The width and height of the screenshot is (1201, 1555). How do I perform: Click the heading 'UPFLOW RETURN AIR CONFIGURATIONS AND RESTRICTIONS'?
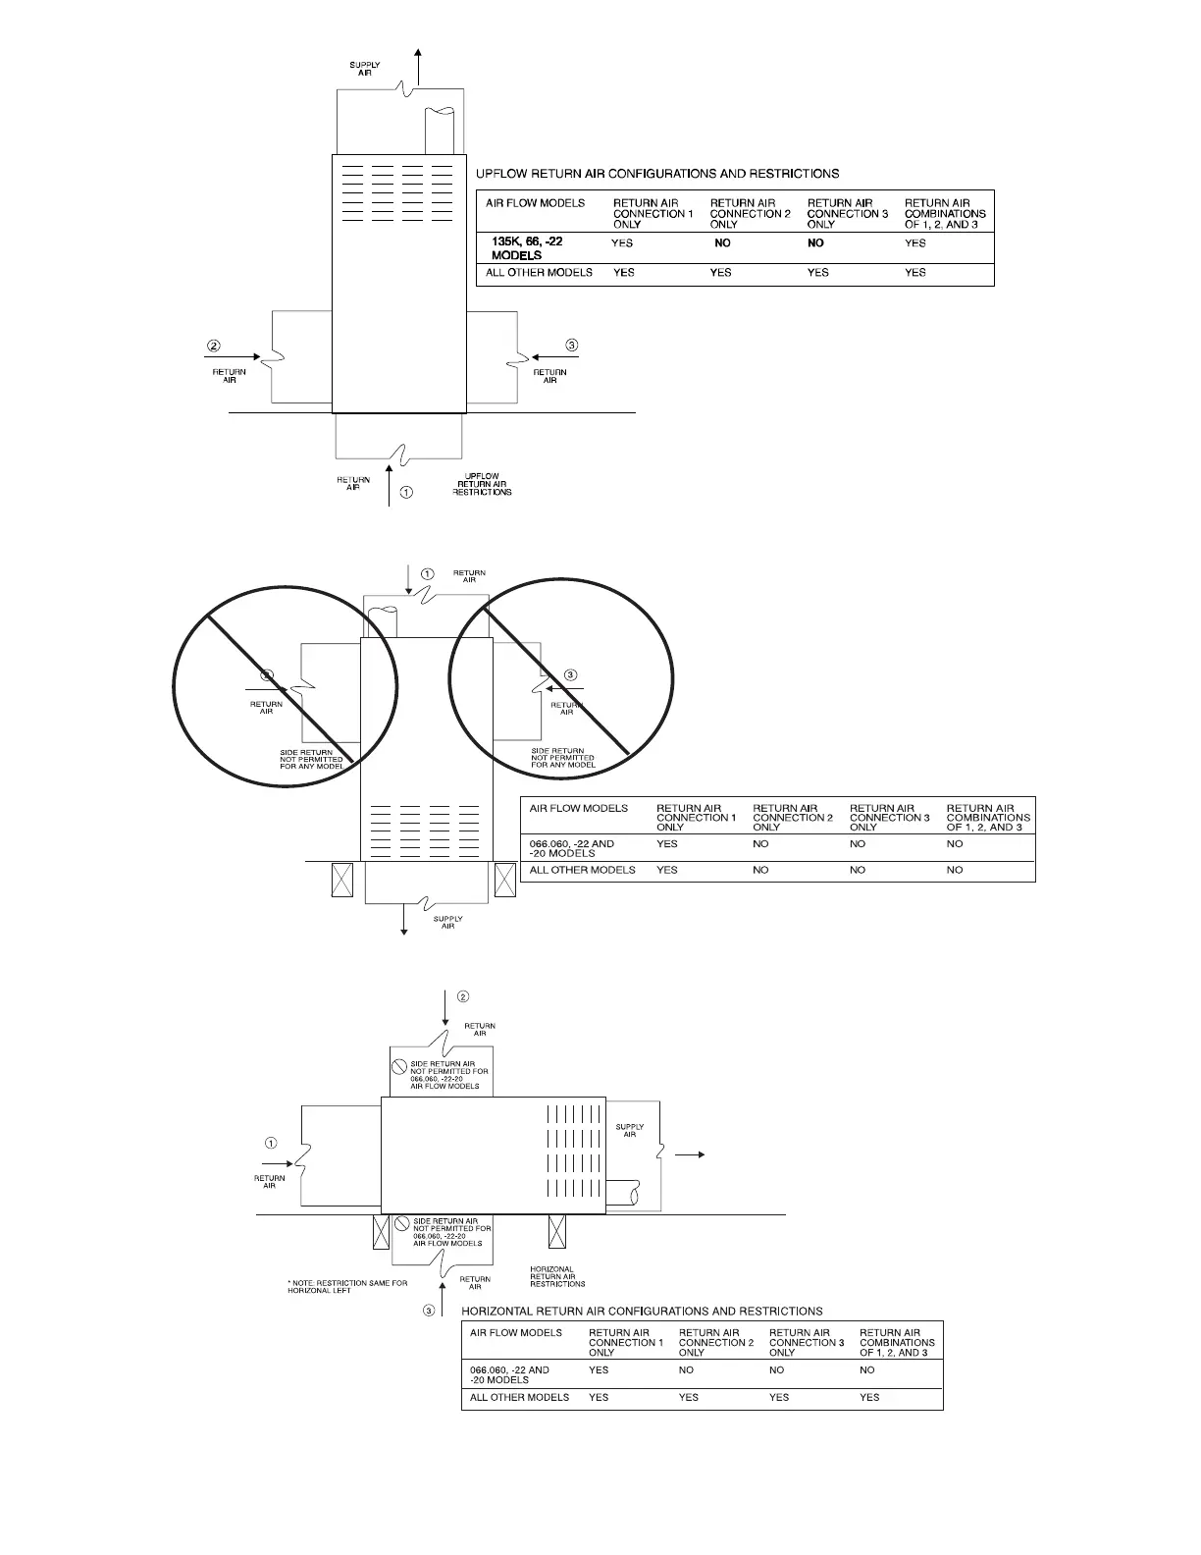(x=656, y=174)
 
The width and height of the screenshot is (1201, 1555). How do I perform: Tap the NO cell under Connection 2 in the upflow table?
(x=722, y=243)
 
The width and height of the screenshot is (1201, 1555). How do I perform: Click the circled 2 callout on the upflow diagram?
(x=214, y=346)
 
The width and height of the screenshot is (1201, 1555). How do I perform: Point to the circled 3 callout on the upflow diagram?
(x=572, y=345)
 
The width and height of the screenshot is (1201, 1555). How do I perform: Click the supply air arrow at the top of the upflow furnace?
(x=420, y=68)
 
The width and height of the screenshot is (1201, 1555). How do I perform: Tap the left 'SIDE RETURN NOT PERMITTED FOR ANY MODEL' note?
(x=311, y=759)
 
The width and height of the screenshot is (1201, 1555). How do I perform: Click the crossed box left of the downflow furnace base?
(x=343, y=879)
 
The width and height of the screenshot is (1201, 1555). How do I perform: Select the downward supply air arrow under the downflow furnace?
(x=403, y=919)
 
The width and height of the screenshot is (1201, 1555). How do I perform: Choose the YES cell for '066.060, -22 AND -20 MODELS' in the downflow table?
(x=667, y=843)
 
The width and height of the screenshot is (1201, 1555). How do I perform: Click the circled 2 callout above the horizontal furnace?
(x=463, y=996)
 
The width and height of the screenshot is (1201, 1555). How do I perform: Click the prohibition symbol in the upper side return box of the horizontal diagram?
(x=399, y=1066)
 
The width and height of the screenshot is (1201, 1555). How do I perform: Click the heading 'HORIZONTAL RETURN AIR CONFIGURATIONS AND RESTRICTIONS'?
(x=642, y=1311)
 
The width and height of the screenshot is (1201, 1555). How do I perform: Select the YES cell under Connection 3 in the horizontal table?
(x=779, y=1397)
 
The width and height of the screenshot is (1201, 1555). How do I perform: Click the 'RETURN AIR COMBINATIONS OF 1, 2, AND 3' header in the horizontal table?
(x=897, y=1342)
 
